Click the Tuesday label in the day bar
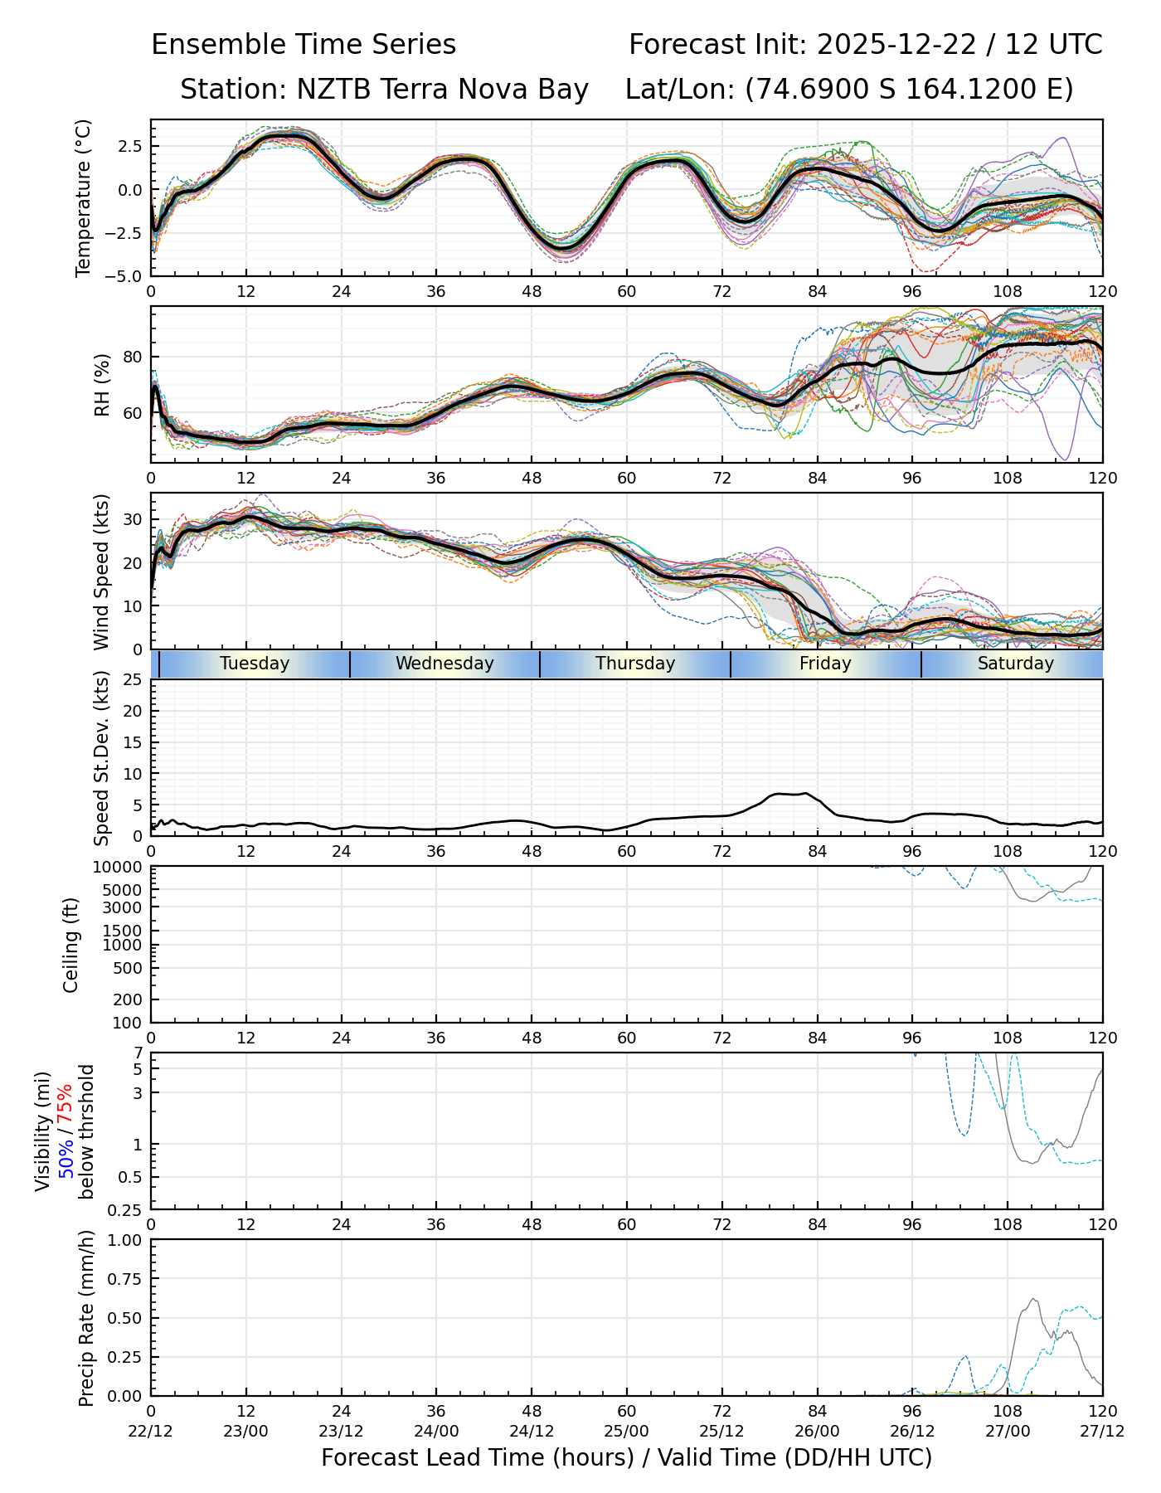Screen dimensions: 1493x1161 coord(255,664)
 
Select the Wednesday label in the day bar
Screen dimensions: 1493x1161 coord(444,664)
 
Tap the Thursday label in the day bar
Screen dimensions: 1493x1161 coord(635,664)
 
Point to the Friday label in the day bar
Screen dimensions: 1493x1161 coord(825,664)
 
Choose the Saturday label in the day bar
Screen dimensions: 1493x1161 coord(1015,664)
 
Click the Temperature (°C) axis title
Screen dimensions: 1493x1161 coord(83,198)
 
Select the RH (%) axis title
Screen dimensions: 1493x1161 coord(102,385)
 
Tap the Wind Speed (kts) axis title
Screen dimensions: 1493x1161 coord(101,572)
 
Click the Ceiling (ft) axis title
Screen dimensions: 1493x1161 coord(71,945)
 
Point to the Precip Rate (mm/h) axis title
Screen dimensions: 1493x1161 coord(85,1318)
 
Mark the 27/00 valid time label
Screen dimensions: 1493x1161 coord(1008,1431)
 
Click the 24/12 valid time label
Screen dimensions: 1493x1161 coord(532,1431)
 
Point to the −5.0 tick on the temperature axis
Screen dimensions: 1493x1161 coord(124,275)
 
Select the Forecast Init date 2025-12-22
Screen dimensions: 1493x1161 coord(897,45)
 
